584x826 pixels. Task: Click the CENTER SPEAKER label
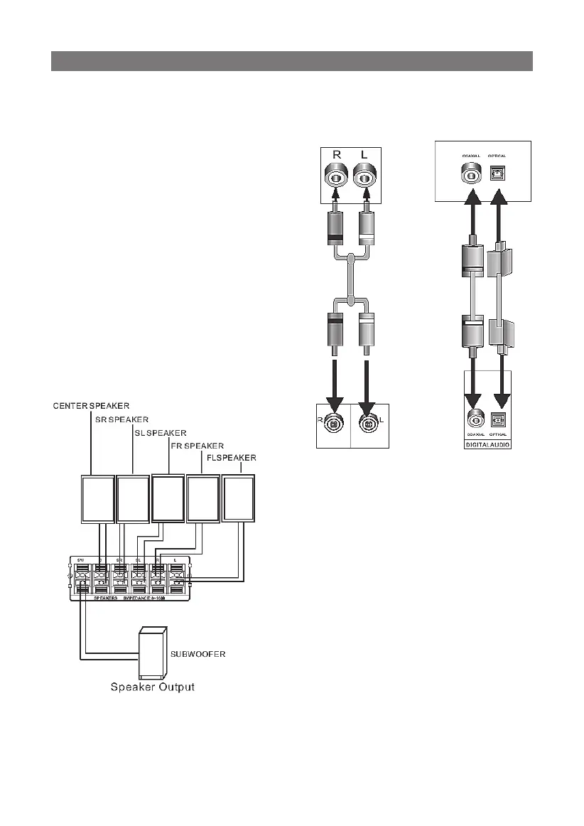pyautogui.click(x=90, y=405)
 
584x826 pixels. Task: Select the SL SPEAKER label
pyautogui.click(x=161, y=432)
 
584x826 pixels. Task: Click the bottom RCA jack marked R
pyautogui.click(x=333, y=425)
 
